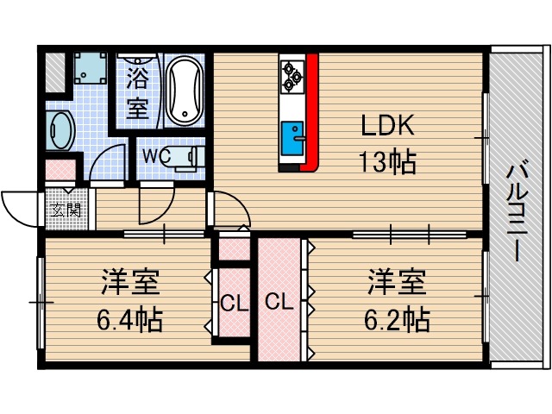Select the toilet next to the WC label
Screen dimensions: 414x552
pyautogui.click(x=183, y=157)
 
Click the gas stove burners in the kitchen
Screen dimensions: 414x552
pyautogui.click(x=292, y=75)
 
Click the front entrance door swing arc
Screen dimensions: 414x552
pyautogui.click(x=19, y=204)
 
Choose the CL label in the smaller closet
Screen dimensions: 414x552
pyautogui.click(x=229, y=303)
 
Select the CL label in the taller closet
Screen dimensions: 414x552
pyautogui.click(x=278, y=303)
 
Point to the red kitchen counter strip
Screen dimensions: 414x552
pyautogui.click(x=312, y=112)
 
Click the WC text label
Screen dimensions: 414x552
pyautogui.click(x=153, y=156)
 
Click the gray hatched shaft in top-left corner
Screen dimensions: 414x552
pyautogui.click(x=54, y=70)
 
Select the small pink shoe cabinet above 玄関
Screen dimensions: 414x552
pyautogui.click(x=60, y=169)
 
